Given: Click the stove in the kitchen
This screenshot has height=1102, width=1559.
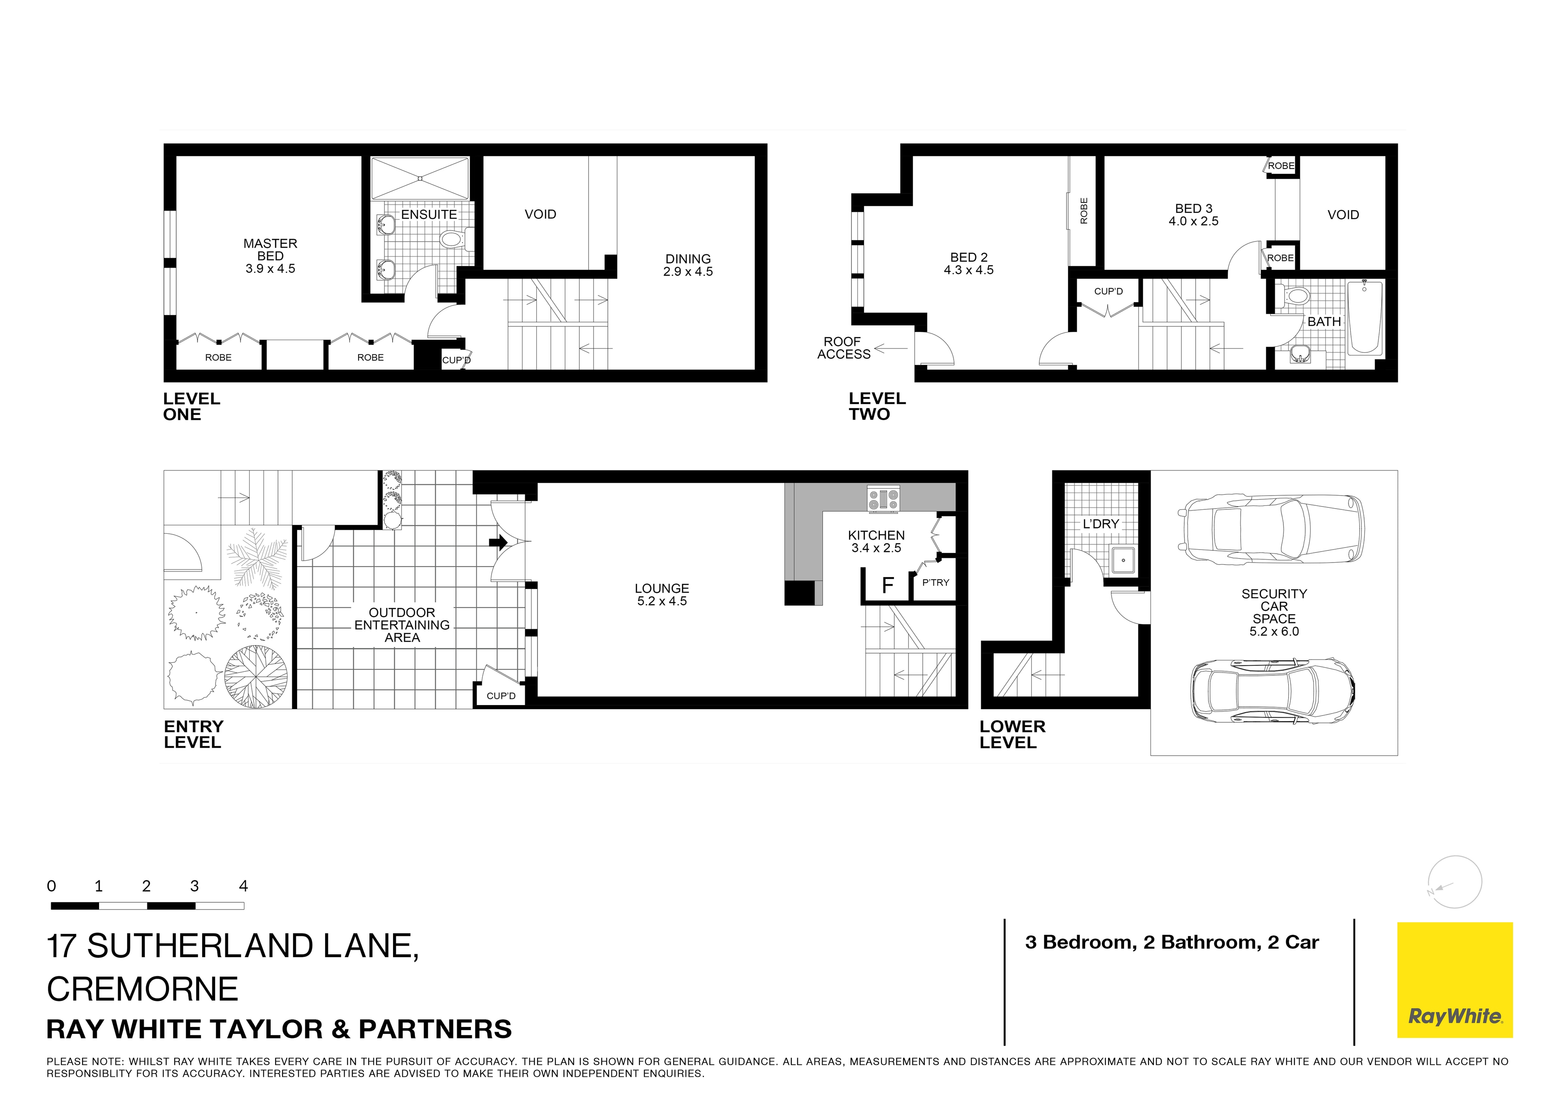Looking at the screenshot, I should [x=883, y=500].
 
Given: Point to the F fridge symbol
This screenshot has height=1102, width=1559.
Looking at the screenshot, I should [x=887, y=585].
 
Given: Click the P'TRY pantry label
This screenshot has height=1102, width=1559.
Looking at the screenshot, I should [x=936, y=582].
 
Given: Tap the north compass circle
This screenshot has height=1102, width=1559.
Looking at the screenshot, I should [x=1454, y=882].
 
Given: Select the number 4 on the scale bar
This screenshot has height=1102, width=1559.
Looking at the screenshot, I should [x=244, y=886].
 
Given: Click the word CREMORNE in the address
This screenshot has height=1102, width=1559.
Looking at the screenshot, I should [x=143, y=989].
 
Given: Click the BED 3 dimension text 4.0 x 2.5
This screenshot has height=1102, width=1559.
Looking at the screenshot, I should [x=1193, y=221].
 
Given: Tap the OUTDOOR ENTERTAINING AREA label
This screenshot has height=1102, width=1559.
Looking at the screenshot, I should [x=402, y=625].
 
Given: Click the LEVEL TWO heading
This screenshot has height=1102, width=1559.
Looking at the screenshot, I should [x=877, y=406].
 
